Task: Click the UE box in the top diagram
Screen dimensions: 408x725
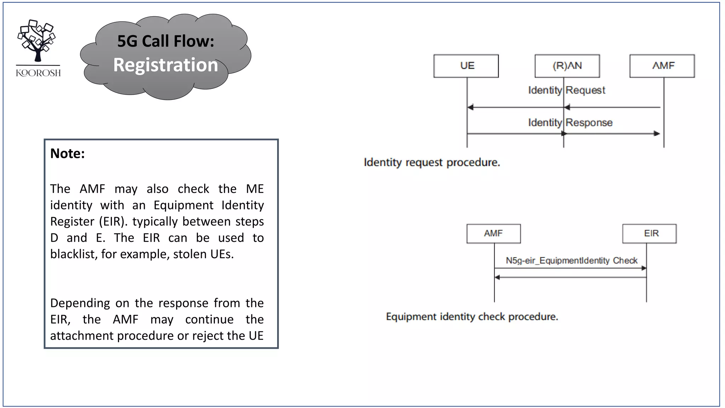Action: coord(466,66)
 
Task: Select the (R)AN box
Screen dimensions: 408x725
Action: coord(567,66)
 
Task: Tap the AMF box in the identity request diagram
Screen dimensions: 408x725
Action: coord(662,66)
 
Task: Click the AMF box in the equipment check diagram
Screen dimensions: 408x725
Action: coord(493,233)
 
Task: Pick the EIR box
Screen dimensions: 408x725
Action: coord(649,233)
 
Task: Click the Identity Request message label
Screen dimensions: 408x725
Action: coord(566,90)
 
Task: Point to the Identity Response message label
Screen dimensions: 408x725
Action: coord(570,123)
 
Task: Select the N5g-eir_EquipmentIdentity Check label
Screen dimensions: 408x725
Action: coord(571,261)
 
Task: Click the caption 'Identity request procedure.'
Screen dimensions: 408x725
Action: coord(432,163)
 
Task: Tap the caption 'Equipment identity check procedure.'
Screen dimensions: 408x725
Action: coord(472,317)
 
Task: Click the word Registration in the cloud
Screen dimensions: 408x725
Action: coord(166,65)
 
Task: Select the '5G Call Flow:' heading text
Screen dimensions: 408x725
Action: coord(166,41)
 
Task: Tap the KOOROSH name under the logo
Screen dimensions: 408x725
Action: coord(38,73)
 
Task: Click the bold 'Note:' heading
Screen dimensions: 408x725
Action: coord(67,153)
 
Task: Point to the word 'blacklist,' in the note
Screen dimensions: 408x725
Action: coord(73,254)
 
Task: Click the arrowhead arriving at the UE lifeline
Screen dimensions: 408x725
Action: coord(470,107)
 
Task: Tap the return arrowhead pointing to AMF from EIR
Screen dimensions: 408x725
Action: coord(497,277)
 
